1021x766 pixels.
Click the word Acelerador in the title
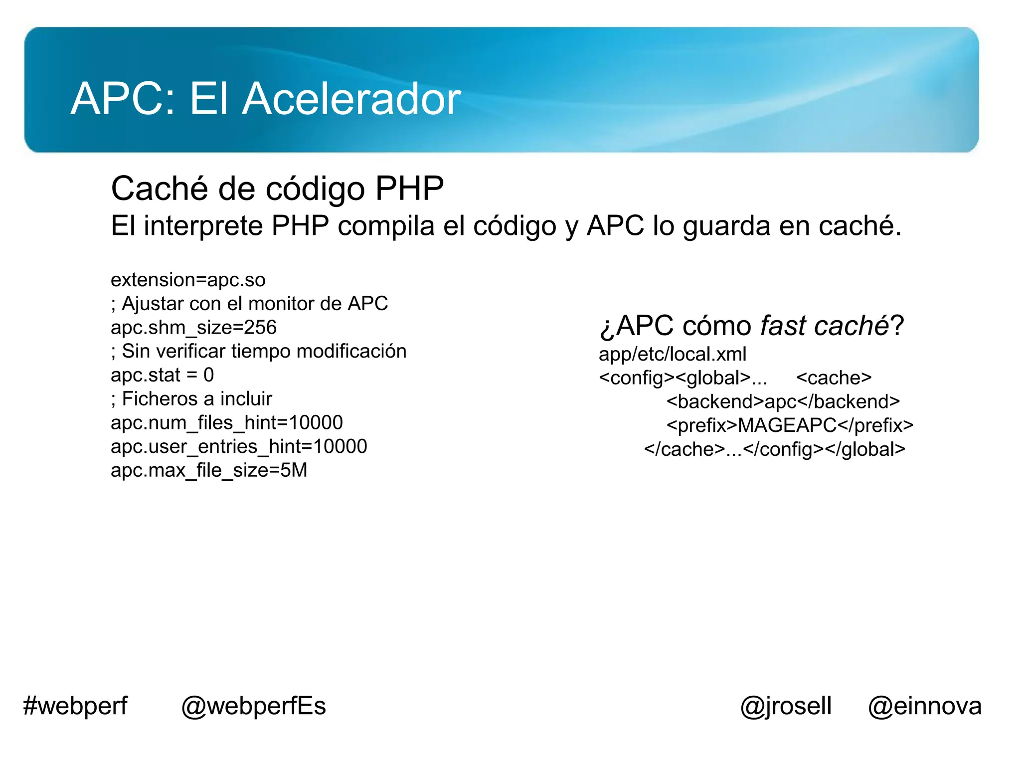(x=351, y=99)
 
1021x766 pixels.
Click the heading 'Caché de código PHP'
(x=277, y=189)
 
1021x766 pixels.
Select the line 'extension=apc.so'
(x=188, y=280)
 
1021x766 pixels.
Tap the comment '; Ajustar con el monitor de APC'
(x=249, y=304)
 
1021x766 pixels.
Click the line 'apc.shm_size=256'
(x=193, y=328)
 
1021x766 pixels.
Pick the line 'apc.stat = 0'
(x=162, y=375)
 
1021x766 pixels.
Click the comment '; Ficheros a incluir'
(x=191, y=399)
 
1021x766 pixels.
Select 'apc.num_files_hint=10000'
(x=227, y=423)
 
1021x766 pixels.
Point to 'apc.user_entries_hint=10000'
(x=239, y=446)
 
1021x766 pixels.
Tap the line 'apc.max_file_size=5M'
(x=209, y=470)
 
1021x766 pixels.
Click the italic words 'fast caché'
(x=824, y=326)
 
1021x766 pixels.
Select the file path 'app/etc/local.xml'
(x=673, y=354)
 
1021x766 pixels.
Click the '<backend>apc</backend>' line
(x=783, y=401)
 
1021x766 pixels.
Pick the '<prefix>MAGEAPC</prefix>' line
(x=790, y=425)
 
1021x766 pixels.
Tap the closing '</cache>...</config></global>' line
(x=774, y=449)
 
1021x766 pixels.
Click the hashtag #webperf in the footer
(x=75, y=706)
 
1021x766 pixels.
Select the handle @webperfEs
(x=253, y=706)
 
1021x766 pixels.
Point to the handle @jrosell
(x=786, y=706)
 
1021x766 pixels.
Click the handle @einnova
(x=925, y=706)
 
